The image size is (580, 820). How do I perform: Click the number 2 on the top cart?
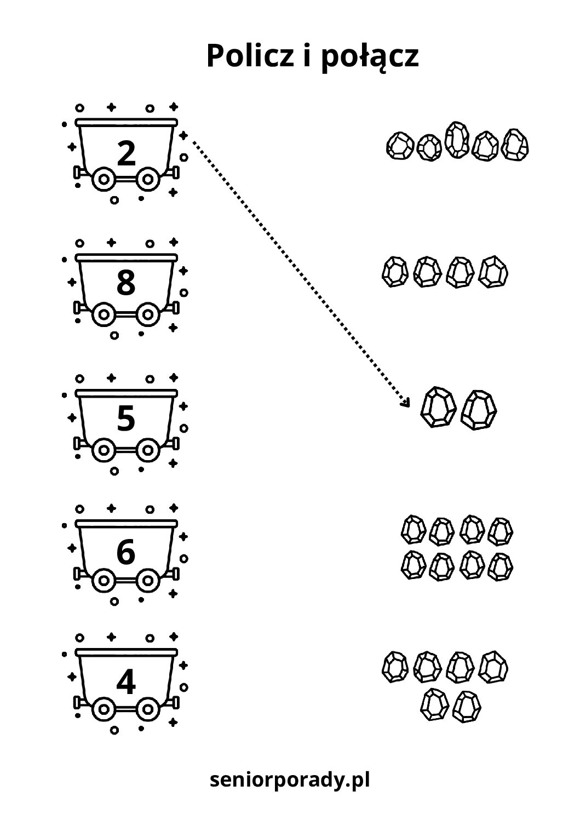point(127,153)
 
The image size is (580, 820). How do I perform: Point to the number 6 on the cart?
point(126,552)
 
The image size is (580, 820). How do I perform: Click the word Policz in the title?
point(251,56)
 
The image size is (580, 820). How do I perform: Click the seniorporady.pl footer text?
point(290,779)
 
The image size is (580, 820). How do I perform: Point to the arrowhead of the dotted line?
point(406,404)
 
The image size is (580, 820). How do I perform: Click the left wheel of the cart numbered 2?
point(102,179)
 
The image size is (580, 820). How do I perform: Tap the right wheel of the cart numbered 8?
point(147,314)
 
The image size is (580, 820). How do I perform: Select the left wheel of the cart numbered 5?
point(102,450)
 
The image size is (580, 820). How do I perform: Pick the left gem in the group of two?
point(437,408)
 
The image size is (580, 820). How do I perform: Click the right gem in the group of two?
point(479,410)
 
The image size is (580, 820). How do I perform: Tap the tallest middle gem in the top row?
point(457,140)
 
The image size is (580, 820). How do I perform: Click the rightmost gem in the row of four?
point(494,272)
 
